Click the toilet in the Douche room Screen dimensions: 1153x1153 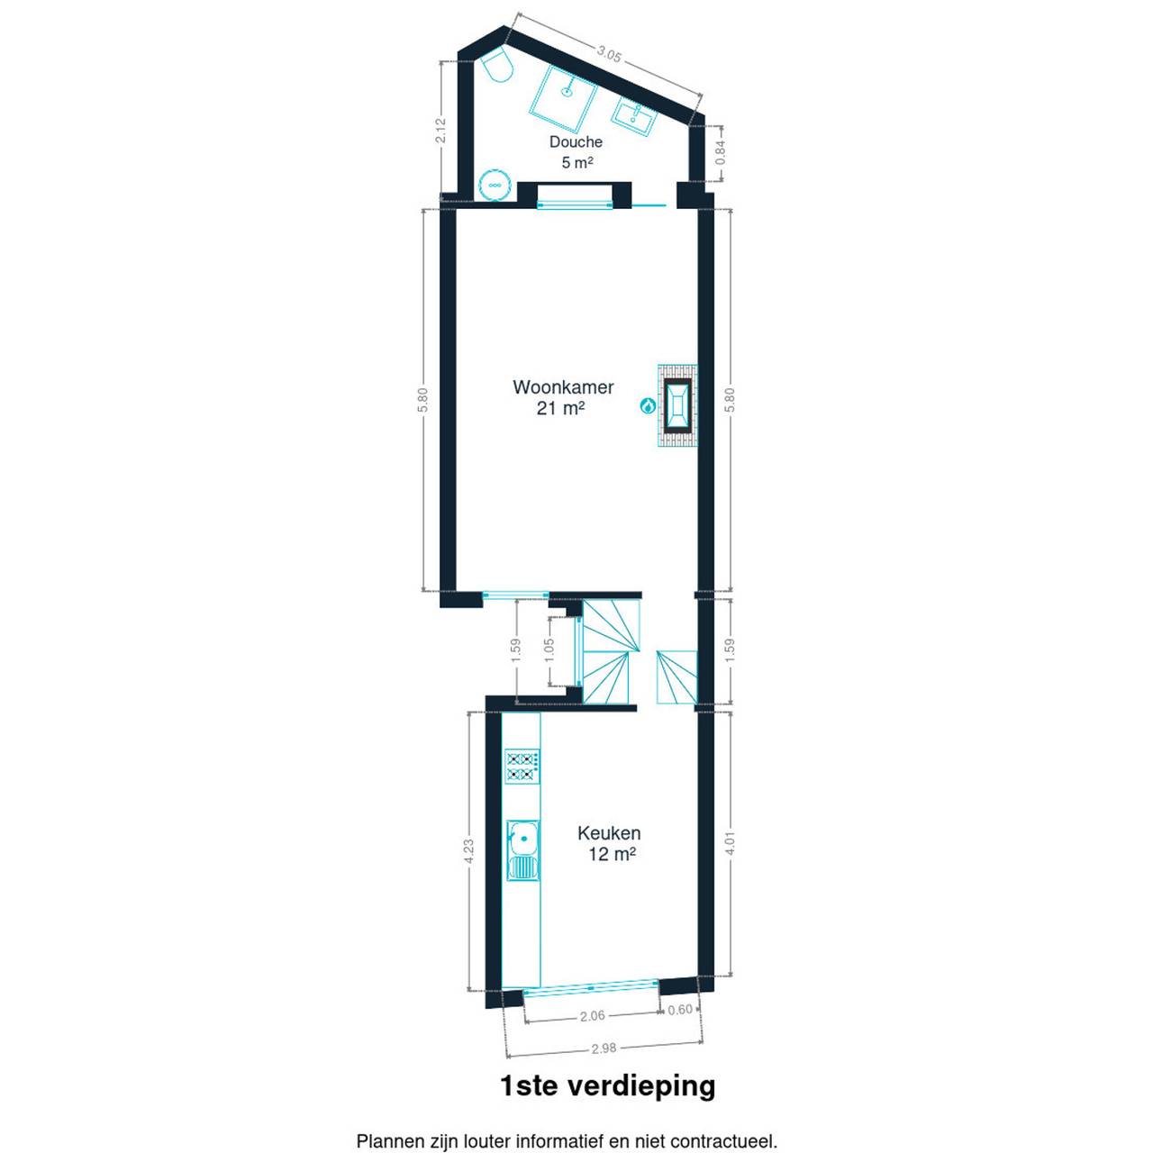coord(498,67)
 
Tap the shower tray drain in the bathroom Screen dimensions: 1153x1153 coord(566,92)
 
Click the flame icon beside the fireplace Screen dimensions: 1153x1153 coord(647,405)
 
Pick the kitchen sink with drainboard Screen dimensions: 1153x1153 coord(523,850)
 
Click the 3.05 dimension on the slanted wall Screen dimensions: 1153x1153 coord(609,55)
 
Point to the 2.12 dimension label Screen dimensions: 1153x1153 coord(441,130)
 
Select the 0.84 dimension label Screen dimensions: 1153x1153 coord(721,153)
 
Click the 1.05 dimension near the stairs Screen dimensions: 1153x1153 coord(550,650)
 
